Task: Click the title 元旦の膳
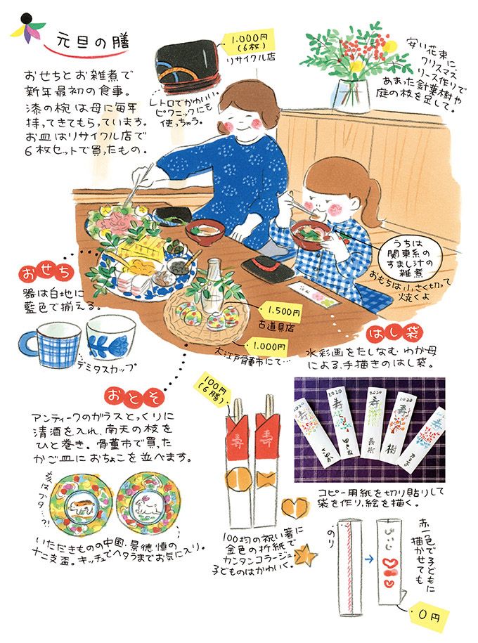(x=91, y=41)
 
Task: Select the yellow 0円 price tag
(x=427, y=616)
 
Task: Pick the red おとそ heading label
(x=127, y=394)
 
